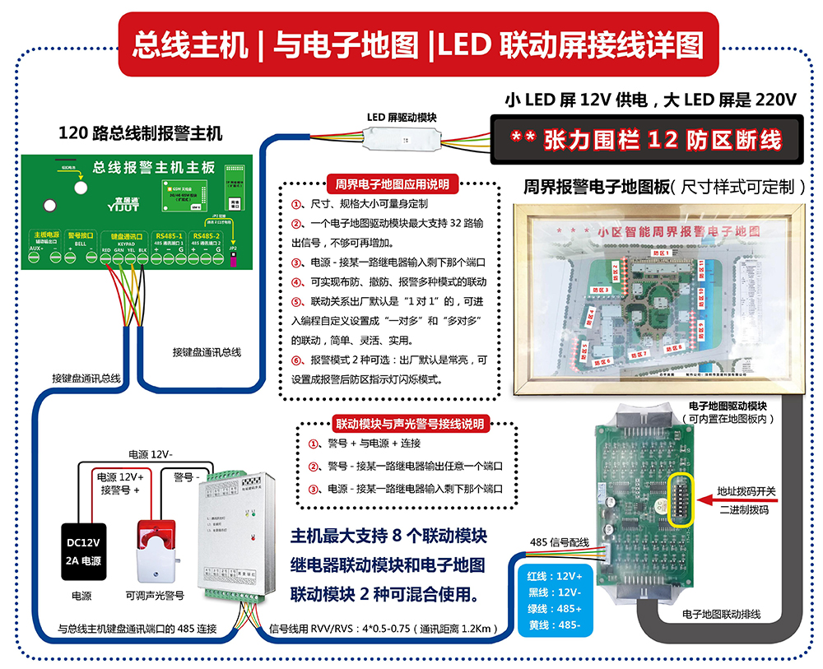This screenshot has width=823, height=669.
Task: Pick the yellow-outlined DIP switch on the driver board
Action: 682,499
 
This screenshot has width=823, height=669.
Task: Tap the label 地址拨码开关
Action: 746,491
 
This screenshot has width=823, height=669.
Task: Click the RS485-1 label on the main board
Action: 169,235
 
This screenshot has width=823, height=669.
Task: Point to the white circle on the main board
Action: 81,187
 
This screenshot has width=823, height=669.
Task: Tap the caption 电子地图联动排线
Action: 721,614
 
